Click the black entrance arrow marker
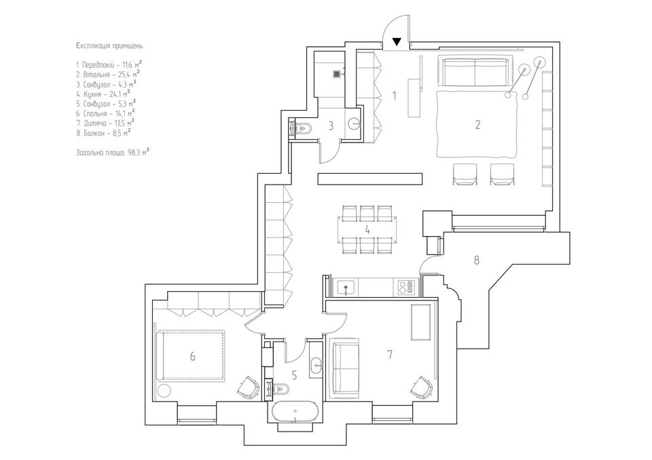pyautogui.click(x=397, y=41)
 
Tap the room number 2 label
pyautogui.click(x=477, y=124)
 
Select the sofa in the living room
pyautogui.click(x=475, y=71)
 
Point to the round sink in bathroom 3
pyautogui.click(x=354, y=123)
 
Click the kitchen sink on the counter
pyautogui.click(x=346, y=287)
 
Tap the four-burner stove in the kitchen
pyautogui.click(x=406, y=287)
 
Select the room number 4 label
pyautogui.click(x=367, y=229)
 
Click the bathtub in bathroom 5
pyautogui.click(x=295, y=412)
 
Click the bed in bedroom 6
pyautogui.click(x=191, y=356)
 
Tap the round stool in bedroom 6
pyautogui.click(x=164, y=391)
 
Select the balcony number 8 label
pyautogui.click(x=477, y=260)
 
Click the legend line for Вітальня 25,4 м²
pyautogui.click(x=108, y=75)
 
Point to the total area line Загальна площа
pyautogui.click(x=113, y=152)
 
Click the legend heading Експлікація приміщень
pyautogui.click(x=110, y=46)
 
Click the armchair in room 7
pyautogui.click(x=422, y=387)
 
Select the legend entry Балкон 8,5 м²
pyautogui.click(x=103, y=133)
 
